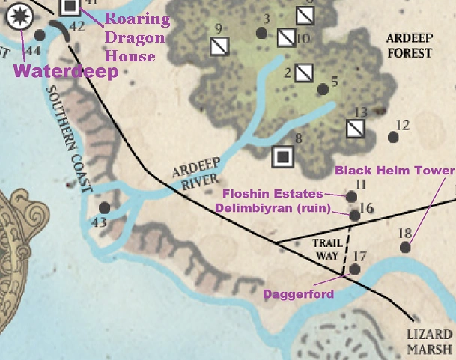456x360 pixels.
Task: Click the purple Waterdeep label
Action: pyautogui.click(x=66, y=72)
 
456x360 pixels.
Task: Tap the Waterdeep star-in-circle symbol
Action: pyautogui.click(x=18, y=14)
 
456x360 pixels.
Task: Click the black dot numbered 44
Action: pyautogui.click(x=40, y=35)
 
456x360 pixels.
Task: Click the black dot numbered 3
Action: pyautogui.click(x=261, y=33)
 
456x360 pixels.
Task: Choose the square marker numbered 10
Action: pyautogui.click(x=286, y=37)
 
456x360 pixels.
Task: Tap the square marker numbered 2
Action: pyautogui.click(x=303, y=73)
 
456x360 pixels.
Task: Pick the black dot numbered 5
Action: pyautogui.click(x=323, y=89)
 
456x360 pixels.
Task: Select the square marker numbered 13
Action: pyautogui.click(x=356, y=129)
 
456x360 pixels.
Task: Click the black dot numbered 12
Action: pyautogui.click(x=392, y=137)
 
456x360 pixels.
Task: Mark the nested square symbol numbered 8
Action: pyautogui.click(x=282, y=156)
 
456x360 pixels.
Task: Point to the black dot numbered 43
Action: pyautogui.click(x=105, y=207)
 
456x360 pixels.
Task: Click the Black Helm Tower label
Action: pyautogui.click(x=394, y=171)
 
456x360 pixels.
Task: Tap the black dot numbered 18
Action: pyautogui.click(x=405, y=247)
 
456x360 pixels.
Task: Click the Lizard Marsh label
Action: pyautogui.click(x=430, y=341)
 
